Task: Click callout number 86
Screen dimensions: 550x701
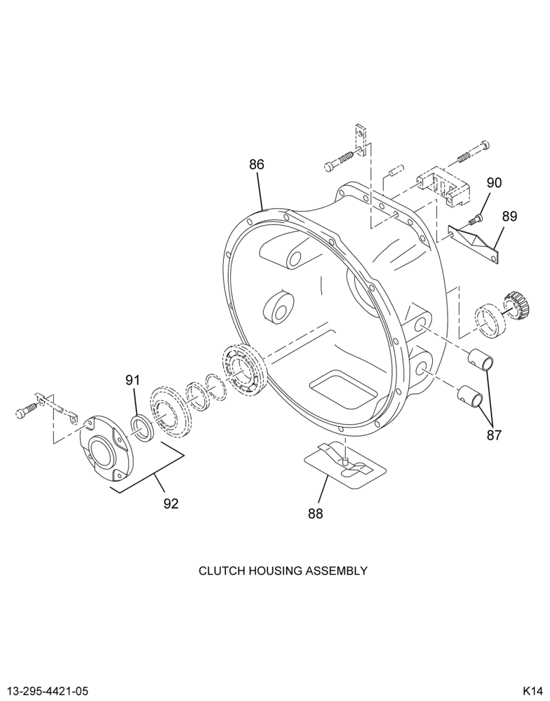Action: [257, 165]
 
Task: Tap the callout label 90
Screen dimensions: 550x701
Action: [494, 183]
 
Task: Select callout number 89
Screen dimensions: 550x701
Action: [509, 217]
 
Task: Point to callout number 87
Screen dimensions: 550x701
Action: [494, 435]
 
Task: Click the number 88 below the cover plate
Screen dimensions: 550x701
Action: [315, 514]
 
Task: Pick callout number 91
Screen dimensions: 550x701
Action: [133, 381]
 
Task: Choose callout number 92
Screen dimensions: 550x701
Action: [171, 504]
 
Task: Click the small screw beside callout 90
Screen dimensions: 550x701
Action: [475, 219]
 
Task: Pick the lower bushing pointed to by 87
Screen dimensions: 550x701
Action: [470, 395]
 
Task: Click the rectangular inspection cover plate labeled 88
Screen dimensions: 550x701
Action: [345, 465]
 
